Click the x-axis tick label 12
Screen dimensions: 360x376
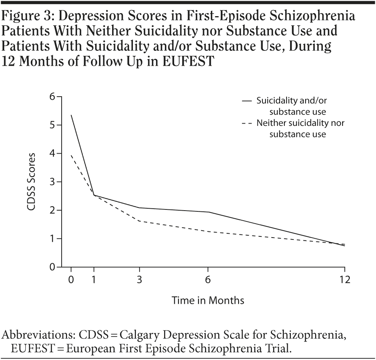345,280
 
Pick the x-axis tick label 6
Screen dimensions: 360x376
208,280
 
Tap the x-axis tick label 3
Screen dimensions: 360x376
139,280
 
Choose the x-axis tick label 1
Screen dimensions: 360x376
94,280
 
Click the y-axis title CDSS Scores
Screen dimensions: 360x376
32,182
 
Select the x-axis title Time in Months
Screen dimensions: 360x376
208,300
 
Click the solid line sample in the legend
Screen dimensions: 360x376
247,101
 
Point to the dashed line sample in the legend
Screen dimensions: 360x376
247,124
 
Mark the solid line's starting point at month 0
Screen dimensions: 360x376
71,115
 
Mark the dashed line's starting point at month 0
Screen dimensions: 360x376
71,155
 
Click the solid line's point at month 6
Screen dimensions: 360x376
208,212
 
